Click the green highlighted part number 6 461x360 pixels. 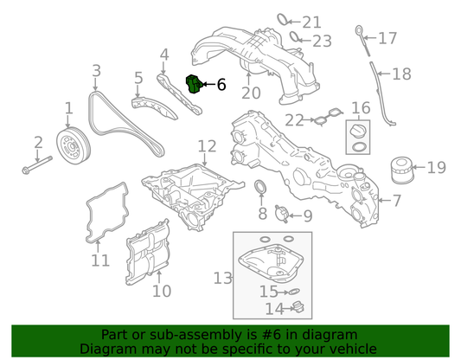(x=194, y=85)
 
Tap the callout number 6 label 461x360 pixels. (x=221, y=85)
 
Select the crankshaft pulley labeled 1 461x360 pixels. (x=74, y=145)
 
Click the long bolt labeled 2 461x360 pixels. (x=37, y=165)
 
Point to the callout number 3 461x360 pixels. (x=96, y=71)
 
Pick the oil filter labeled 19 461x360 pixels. (x=402, y=170)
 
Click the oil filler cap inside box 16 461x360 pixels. (x=358, y=132)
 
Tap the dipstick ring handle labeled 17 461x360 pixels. (x=359, y=30)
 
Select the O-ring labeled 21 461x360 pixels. (x=283, y=19)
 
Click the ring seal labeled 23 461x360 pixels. (x=295, y=37)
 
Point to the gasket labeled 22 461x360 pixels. (x=328, y=117)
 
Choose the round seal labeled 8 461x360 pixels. (x=260, y=187)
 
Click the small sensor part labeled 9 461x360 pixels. (x=281, y=214)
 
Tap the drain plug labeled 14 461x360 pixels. (x=298, y=308)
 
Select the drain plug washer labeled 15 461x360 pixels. (x=294, y=292)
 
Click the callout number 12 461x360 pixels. (x=207, y=146)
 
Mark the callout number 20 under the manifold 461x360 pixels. (x=251, y=93)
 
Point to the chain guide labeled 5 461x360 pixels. (x=154, y=107)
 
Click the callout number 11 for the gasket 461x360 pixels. (x=100, y=260)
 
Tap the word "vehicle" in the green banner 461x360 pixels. (x=353, y=349)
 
